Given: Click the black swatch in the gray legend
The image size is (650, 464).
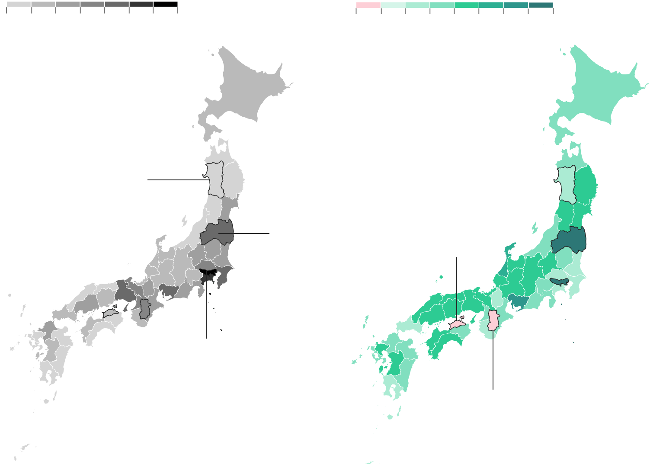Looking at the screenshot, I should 166,4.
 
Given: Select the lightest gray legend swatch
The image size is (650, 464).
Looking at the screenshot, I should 19,4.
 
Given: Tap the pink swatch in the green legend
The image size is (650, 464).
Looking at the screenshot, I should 368,5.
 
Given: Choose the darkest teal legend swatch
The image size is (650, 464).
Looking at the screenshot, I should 541,5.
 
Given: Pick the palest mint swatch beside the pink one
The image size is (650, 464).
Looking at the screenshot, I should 393,5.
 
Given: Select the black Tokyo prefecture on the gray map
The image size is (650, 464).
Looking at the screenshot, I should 207,273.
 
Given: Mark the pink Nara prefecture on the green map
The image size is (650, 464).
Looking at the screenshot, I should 493,320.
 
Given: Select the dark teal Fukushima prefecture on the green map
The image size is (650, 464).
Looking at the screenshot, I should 568,240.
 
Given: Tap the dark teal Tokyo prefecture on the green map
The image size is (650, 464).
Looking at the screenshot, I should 558,282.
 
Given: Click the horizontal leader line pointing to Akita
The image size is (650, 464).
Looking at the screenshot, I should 173,179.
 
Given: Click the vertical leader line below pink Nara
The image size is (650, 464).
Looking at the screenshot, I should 493,363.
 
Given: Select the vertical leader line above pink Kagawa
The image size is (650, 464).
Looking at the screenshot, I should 457,285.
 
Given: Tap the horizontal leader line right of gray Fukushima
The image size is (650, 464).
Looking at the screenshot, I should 251,234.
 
